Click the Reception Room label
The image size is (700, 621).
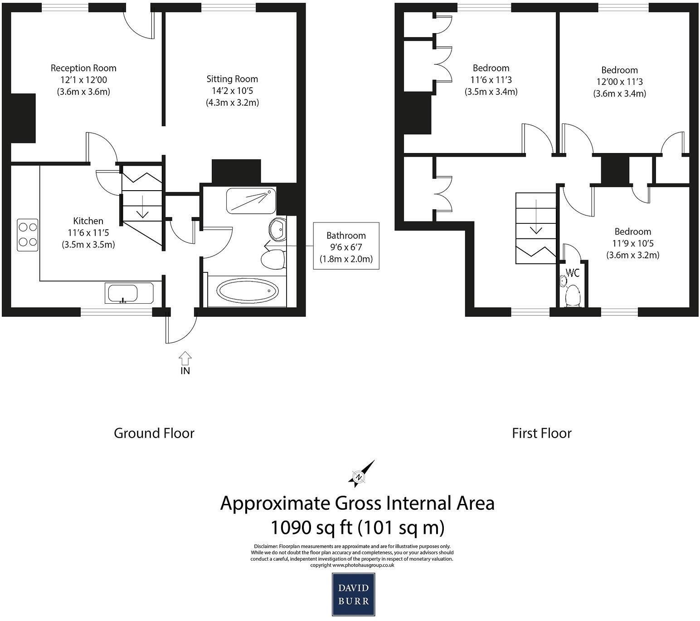(83, 69)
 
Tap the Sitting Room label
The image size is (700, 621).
(232, 79)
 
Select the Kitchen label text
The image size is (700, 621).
(88, 221)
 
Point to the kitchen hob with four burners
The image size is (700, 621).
(28, 235)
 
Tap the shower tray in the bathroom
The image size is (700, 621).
(251, 200)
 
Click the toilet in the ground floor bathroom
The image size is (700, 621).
(272, 259)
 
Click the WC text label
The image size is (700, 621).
(573, 273)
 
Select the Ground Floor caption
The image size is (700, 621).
(154, 433)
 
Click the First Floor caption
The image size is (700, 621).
(541, 433)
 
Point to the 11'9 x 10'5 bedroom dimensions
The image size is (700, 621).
(632, 243)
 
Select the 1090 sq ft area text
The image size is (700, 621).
(357, 527)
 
